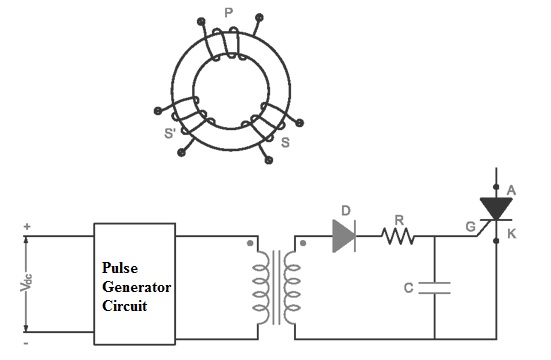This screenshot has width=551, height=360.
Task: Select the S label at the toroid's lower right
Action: (286, 143)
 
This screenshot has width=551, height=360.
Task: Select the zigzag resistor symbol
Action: (398, 237)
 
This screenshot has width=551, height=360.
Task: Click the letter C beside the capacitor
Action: (408, 288)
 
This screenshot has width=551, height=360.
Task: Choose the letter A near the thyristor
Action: (511, 189)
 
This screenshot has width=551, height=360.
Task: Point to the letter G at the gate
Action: (469, 228)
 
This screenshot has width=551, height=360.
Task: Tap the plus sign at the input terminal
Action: (27, 227)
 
